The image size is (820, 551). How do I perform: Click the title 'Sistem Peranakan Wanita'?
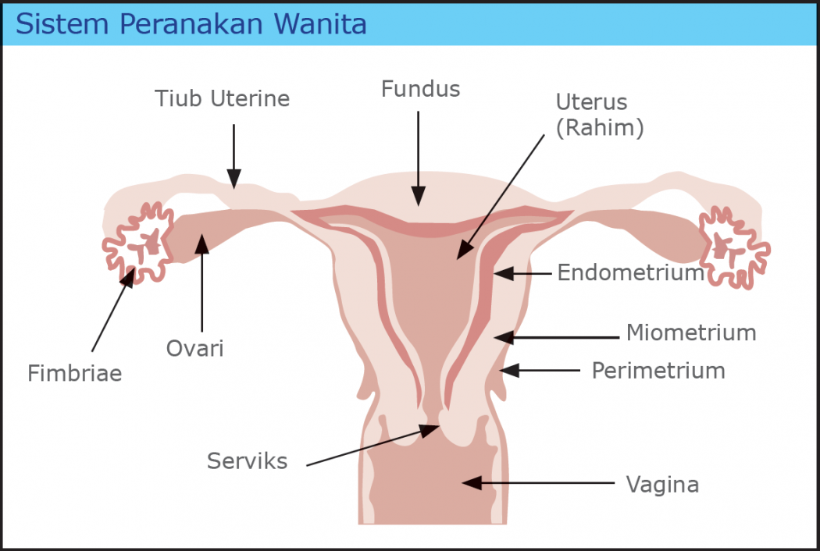191,24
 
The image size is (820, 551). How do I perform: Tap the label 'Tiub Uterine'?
222,99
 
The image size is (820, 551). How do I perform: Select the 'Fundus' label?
420,89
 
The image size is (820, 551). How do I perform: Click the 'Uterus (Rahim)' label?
599,114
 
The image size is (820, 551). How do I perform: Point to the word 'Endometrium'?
631,272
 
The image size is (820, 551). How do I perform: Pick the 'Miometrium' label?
691,332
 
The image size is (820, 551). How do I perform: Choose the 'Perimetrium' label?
658,370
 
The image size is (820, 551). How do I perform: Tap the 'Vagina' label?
662,485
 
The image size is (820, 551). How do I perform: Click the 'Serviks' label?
247,461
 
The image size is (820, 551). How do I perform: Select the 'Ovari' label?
195,348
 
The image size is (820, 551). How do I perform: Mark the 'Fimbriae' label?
75,373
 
